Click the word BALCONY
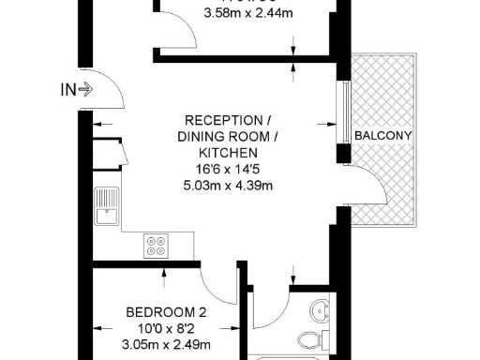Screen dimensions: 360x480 click(x=384, y=136)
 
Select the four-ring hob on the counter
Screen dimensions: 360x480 click(x=156, y=246)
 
